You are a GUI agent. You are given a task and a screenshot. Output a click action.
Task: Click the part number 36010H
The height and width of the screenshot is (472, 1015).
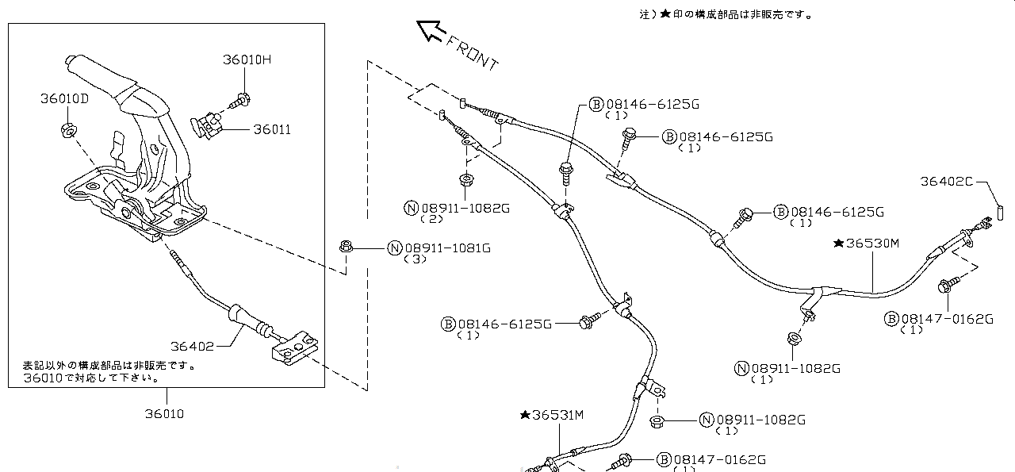tap(247, 60)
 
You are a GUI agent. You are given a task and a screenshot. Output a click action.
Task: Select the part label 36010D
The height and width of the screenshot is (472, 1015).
tap(65, 98)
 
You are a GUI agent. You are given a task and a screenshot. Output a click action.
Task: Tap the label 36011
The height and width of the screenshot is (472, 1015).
tap(272, 129)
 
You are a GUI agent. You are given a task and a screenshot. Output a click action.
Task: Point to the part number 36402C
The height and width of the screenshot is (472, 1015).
tap(947, 181)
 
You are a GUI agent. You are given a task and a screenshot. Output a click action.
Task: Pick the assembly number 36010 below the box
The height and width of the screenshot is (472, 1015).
tap(164, 413)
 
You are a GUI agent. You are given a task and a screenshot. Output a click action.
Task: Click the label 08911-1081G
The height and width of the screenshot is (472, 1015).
tap(446, 248)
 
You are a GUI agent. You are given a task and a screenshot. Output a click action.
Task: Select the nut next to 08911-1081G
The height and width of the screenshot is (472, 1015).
tap(345, 248)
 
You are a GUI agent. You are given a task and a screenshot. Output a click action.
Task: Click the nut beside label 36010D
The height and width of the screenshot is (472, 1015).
tap(67, 129)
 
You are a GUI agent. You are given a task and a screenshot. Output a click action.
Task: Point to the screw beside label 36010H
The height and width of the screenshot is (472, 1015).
tap(239, 101)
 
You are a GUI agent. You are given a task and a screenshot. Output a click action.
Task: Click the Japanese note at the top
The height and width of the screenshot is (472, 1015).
tap(726, 13)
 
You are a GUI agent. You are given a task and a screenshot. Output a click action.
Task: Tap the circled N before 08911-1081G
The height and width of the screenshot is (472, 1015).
tap(394, 248)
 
